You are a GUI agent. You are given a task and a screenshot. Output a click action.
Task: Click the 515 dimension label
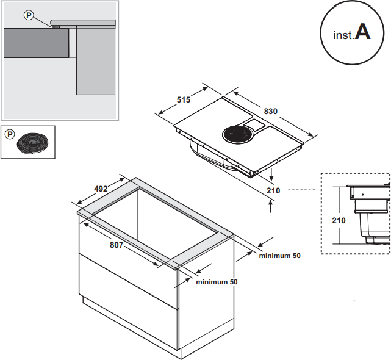click(x=184, y=99)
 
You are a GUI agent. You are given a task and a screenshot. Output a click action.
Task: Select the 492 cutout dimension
click(x=102, y=189)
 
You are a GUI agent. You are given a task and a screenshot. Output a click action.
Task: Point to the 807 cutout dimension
click(x=117, y=245)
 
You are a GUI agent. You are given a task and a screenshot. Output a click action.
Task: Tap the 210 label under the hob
click(x=273, y=190)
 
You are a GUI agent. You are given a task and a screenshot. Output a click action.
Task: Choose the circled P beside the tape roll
click(x=10, y=134)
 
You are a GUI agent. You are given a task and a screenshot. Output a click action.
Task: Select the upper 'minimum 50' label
click(x=279, y=256)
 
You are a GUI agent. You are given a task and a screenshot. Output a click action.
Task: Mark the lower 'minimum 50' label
click(x=217, y=282)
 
